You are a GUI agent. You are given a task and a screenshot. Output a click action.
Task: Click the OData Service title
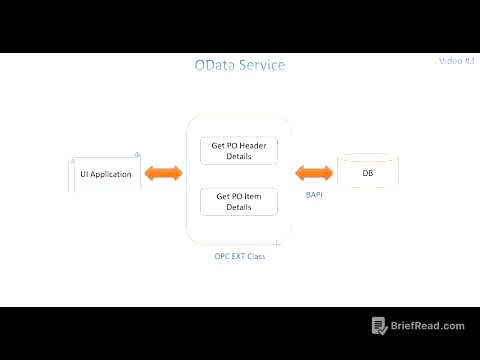(240, 65)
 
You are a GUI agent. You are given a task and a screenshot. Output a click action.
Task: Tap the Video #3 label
(455, 61)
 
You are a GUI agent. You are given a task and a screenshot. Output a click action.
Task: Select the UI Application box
(106, 174)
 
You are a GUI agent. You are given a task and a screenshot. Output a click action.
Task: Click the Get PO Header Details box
(239, 151)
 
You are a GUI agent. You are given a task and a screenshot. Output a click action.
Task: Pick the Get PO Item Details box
(239, 202)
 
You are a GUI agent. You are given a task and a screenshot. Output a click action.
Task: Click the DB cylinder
(368, 173)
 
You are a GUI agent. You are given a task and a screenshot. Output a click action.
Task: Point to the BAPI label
(314, 194)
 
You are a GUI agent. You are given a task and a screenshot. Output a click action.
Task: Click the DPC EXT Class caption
(240, 256)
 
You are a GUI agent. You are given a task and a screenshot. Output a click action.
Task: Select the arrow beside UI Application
(163, 174)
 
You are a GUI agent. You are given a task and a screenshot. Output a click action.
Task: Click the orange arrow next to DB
(313, 173)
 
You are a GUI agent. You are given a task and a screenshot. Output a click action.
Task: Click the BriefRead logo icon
(379, 326)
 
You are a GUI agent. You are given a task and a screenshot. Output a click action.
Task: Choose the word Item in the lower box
(253, 196)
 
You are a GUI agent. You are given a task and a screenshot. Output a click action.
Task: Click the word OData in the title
(215, 65)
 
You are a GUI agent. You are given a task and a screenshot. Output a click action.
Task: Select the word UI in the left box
(84, 174)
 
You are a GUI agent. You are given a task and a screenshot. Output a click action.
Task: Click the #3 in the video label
(469, 61)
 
